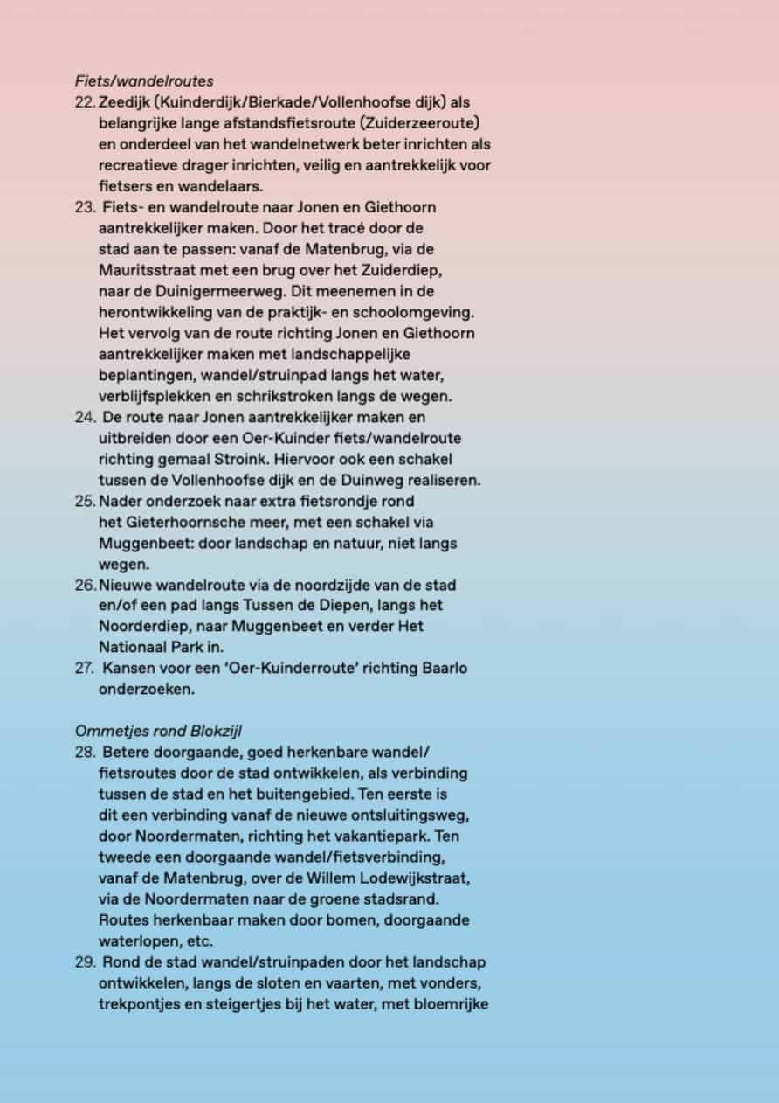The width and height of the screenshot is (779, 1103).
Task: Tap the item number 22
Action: point(85,102)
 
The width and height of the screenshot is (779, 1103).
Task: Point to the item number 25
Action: point(85,502)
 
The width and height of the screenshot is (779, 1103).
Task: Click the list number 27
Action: point(85,669)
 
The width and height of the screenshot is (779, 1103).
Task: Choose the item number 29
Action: point(85,961)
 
